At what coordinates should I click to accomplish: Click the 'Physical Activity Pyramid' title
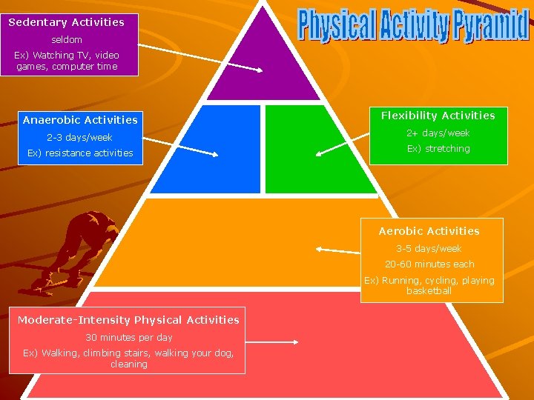click(x=414, y=25)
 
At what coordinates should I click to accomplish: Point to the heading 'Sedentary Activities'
click(x=67, y=22)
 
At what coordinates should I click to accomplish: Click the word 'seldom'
click(x=67, y=39)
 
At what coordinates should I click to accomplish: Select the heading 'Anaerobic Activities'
click(x=80, y=120)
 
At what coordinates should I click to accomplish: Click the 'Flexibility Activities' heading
click(x=438, y=116)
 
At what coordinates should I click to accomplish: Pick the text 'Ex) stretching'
click(x=438, y=149)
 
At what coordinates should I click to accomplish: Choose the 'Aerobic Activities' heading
click(x=429, y=231)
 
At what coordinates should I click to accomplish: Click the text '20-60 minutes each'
click(x=429, y=264)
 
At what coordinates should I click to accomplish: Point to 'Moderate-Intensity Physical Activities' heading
click(x=128, y=320)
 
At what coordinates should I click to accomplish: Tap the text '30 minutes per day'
click(x=129, y=338)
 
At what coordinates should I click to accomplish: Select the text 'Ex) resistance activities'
click(x=80, y=153)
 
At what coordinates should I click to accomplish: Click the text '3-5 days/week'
click(x=429, y=249)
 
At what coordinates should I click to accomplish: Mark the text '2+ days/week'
click(x=438, y=133)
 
